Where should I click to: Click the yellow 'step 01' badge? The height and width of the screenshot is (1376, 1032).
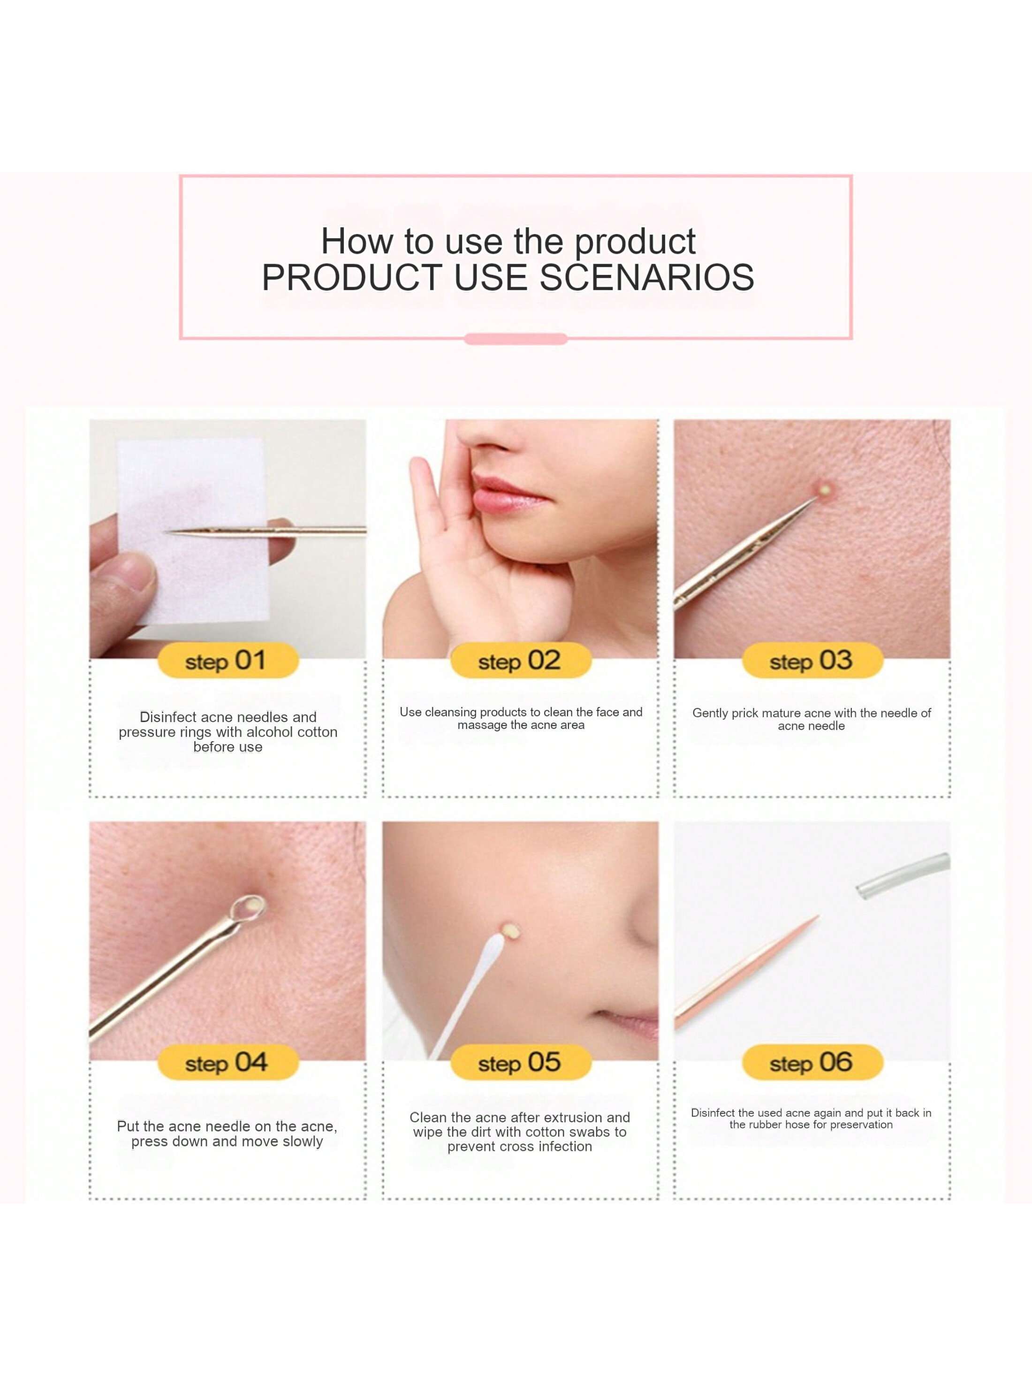click(228, 661)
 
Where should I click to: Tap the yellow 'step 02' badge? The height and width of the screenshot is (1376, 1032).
click(521, 661)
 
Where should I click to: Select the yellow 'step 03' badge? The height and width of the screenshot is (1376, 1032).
click(812, 661)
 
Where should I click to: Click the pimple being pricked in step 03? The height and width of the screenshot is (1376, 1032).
click(825, 490)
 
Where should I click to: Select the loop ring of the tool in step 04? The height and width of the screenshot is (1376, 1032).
click(248, 908)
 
